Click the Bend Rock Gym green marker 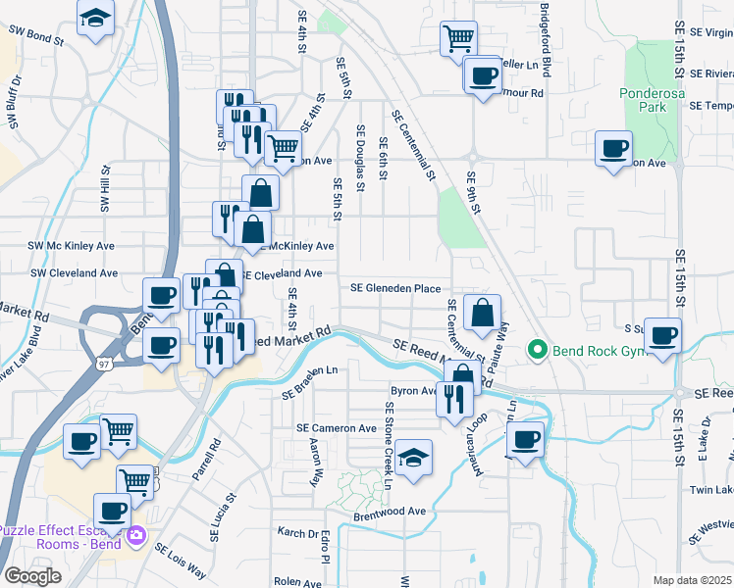[537, 349]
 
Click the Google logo [32, 576]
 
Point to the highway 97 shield [104, 364]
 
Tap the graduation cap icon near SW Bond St [95, 19]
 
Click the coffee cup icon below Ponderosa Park [614, 149]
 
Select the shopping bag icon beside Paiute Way [482, 314]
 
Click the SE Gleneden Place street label [395, 288]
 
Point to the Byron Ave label [414, 390]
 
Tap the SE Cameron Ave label [337, 428]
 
